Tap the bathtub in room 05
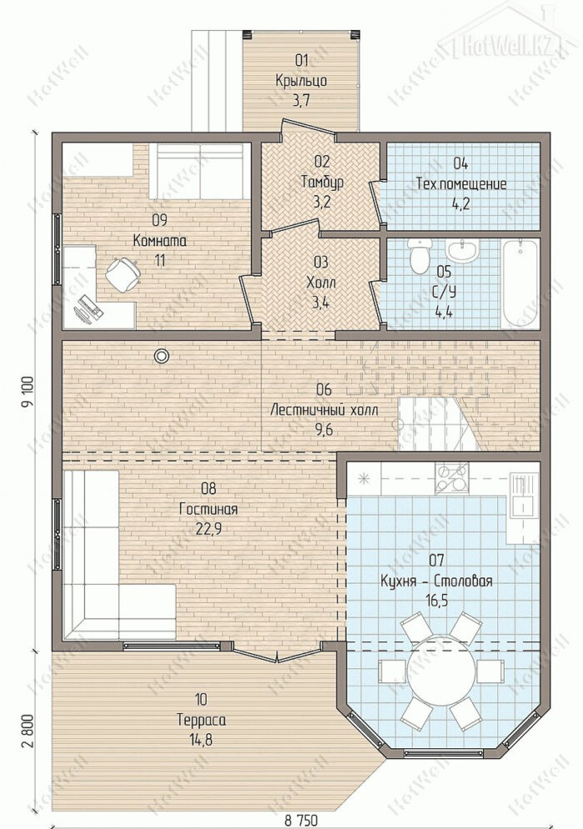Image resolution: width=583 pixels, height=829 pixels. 521,284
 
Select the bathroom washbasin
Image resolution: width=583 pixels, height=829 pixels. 463,251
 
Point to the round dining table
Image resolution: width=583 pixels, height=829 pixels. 441,668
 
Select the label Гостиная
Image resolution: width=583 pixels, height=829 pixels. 208,508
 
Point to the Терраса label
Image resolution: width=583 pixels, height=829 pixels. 201,720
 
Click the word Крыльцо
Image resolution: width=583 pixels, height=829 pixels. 301,80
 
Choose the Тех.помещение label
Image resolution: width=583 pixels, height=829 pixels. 461,184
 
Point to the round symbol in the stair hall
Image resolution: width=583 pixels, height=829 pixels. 161,357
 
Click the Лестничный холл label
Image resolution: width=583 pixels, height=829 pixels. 324,410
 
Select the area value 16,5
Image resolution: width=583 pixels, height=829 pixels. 436,602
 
